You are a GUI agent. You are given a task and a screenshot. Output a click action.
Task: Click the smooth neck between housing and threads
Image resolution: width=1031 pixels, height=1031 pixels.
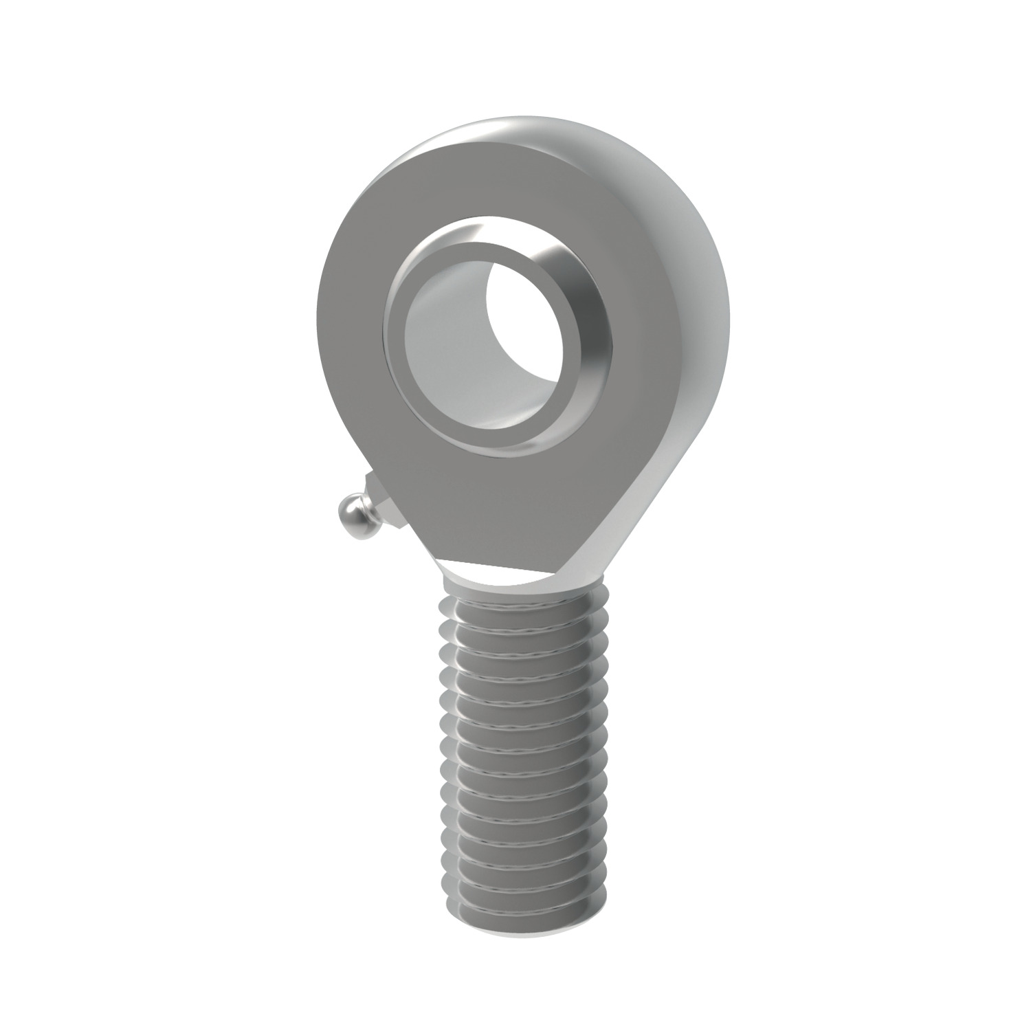coord(509,577)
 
